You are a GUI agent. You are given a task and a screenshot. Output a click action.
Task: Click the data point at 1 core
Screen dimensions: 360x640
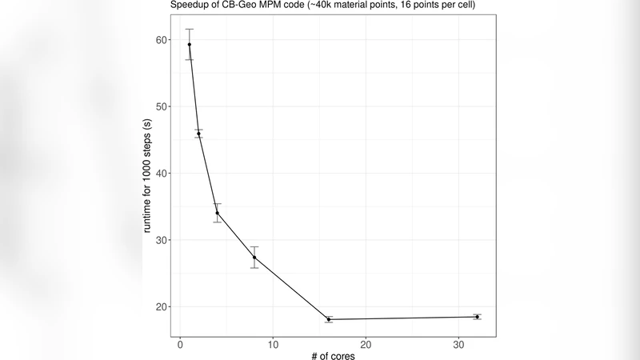[190, 45]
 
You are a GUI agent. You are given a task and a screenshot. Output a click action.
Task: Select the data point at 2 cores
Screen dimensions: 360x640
[198, 134]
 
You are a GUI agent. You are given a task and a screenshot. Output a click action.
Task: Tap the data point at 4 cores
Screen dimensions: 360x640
[217, 213]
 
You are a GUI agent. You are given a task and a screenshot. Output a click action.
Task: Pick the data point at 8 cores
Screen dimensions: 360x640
[254, 258]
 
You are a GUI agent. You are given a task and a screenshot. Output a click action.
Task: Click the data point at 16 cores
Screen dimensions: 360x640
[329, 319]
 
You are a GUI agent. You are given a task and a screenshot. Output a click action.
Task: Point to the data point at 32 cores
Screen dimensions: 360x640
[477, 317]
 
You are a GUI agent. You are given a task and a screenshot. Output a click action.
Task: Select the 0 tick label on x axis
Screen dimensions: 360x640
[180, 346]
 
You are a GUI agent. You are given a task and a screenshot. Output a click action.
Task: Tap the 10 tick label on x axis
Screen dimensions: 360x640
[273, 346]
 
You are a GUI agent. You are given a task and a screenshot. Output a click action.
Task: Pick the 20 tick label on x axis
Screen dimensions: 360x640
[366, 346]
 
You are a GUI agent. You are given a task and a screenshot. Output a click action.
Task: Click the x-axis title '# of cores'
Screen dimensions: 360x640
[333, 356]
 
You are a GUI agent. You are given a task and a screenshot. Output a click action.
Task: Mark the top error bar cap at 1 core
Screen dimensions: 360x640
[190, 29]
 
